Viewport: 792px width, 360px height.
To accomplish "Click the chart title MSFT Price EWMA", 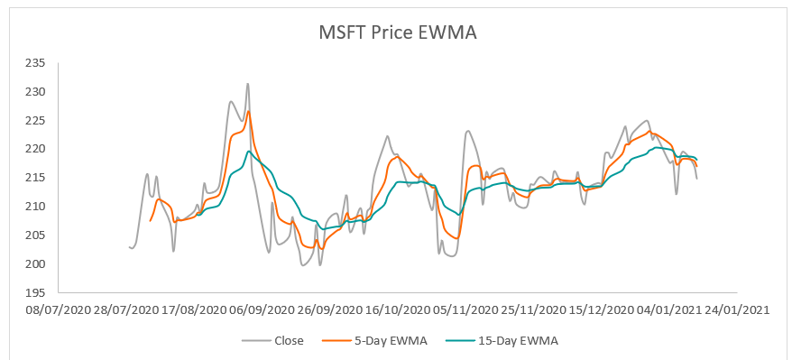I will (397, 32).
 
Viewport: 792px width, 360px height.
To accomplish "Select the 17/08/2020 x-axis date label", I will (193, 309).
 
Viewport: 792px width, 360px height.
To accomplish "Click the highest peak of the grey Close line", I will (248, 84).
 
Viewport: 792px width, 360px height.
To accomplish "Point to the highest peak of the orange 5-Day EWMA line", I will (249, 112).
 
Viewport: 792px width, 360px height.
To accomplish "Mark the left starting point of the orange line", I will (150, 221).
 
